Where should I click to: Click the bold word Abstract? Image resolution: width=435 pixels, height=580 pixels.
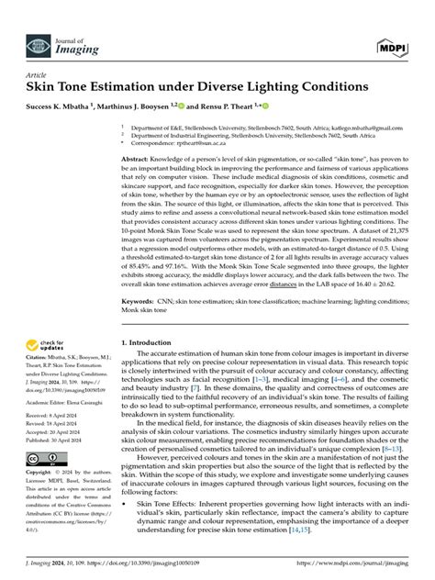coord(138,158)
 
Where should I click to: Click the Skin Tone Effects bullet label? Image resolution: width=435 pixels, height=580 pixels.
coord(173,505)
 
